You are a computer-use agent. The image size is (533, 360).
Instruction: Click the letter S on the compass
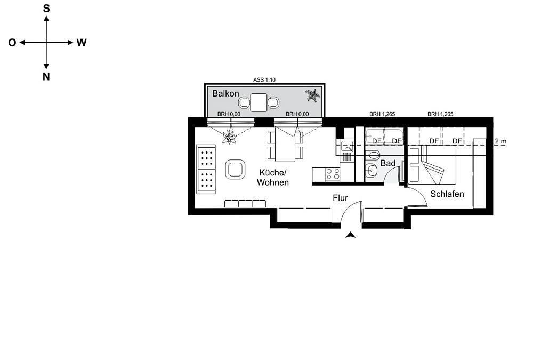click(x=46, y=9)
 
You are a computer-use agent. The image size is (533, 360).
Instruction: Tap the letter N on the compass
click(x=46, y=77)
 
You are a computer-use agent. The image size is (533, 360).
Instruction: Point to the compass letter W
click(x=81, y=43)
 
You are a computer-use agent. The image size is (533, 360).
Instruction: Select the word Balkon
click(x=225, y=93)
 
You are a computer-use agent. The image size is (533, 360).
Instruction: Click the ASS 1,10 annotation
click(x=264, y=80)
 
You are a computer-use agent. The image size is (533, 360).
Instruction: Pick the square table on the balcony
click(x=259, y=102)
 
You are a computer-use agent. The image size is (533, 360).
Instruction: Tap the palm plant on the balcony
click(x=312, y=95)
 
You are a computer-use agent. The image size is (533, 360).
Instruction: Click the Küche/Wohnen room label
click(x=272, y=177)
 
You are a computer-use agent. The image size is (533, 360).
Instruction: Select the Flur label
click(x=340, y=198)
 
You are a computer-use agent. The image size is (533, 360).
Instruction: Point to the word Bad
click(x=388, y=163)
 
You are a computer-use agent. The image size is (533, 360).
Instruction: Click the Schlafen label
click(x=447, y=194)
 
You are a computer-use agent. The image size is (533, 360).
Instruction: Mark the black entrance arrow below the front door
click(x=351, y=235)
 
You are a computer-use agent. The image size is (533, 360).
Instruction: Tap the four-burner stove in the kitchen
click(x=333, y=174)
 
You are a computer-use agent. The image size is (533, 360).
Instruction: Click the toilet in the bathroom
click(x=374, y=155)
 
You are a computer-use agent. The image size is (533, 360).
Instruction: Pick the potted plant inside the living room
click(x=229, y=137)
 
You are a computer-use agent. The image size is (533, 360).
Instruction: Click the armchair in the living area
click(x=235, y=169)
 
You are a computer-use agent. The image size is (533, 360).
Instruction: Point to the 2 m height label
click(x=500, y=141)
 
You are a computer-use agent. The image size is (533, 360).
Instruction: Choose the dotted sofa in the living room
click(x=206, y=169)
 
